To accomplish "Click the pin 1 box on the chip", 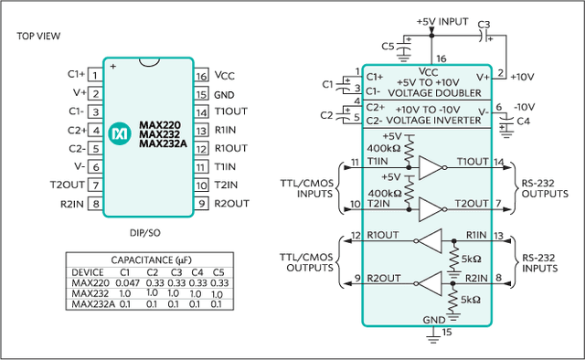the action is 95,75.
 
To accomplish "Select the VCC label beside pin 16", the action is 225,76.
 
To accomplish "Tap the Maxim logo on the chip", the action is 120,133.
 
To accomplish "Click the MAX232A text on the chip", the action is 163,143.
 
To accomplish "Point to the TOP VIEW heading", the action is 38,37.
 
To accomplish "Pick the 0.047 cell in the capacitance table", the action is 128,282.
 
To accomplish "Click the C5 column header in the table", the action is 218,272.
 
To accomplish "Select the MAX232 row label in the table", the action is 90,293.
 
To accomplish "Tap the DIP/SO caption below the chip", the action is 144,233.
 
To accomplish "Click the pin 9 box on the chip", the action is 201,204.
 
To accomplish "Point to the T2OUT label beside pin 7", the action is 68,185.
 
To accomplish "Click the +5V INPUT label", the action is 442,22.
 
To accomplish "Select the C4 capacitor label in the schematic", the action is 524,122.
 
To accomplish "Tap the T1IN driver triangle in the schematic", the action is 431,168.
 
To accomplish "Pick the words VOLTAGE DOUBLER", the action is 435,93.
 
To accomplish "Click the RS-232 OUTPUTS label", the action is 545,188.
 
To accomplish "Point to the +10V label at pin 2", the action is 522,77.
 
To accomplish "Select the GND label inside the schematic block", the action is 434,320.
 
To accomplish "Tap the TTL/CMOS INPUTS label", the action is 307,188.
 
